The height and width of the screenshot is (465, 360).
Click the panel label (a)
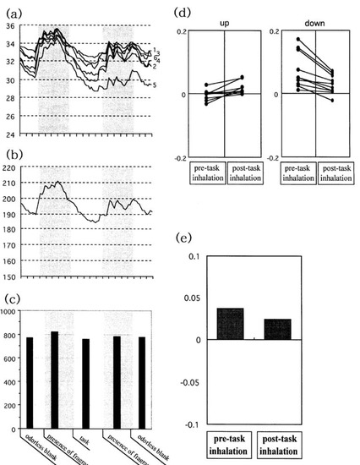point(14,11)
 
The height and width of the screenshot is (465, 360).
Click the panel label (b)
point(14,153)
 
